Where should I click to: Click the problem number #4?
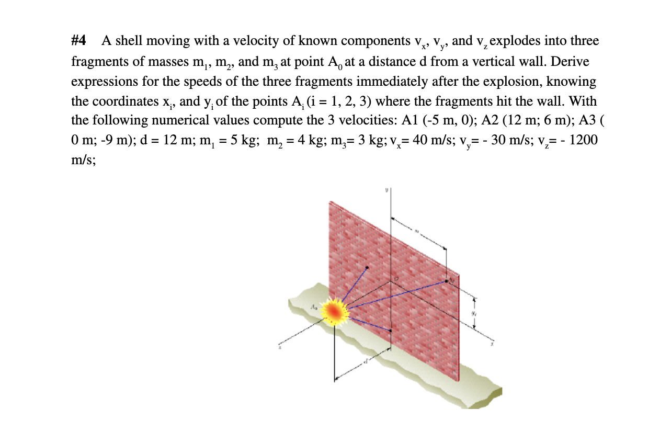coord(79,41)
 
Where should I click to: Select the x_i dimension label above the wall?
coord(417,230)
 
